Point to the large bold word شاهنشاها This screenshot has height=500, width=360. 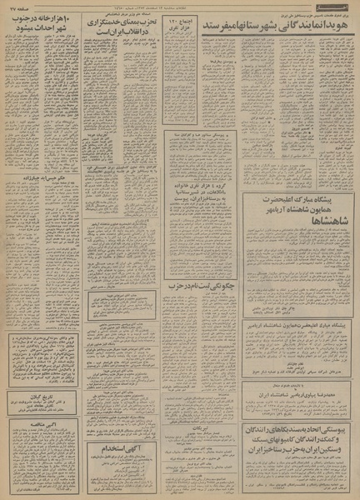(x=292, y=221)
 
